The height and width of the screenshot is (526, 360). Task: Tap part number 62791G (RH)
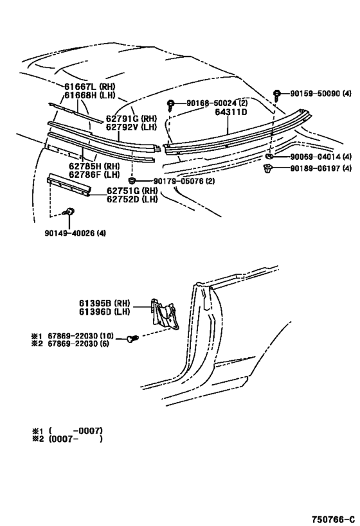tap(131, 118)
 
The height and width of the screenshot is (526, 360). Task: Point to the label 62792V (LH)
tap(130, 127)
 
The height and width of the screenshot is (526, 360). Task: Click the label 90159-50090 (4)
tap(320, 94)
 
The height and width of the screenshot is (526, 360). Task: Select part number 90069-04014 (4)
tap(320, 157)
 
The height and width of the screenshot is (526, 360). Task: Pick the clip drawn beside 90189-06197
tap(269, 169)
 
